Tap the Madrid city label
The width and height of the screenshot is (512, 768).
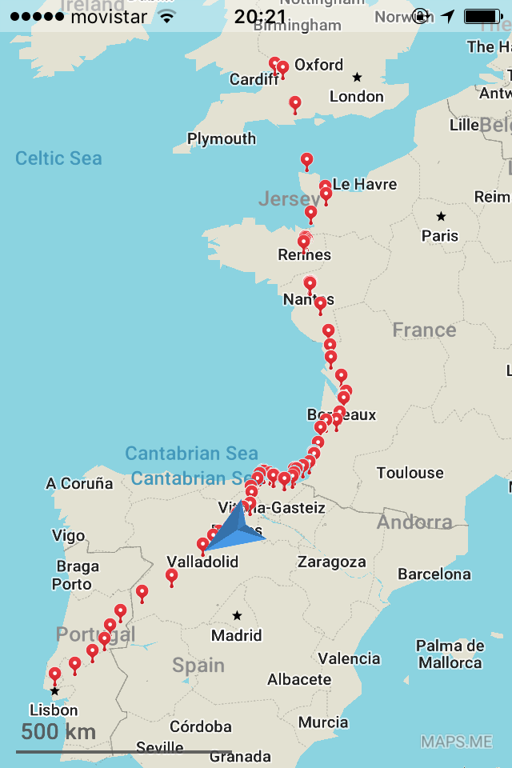point(237,635)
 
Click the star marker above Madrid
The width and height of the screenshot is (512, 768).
point(237,616)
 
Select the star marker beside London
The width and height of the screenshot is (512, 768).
point(357,78)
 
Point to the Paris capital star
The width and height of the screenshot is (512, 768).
point(441,217)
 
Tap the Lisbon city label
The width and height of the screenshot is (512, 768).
point(54,710)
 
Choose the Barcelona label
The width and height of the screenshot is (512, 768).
point(434,574)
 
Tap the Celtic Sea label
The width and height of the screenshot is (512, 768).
point(58,158)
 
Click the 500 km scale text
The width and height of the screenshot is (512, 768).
point(58,731)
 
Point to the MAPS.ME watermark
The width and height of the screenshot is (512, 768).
point(457,742)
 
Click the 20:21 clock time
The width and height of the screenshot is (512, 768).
point(260,17)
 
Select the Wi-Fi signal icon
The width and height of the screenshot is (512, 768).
point(166,17)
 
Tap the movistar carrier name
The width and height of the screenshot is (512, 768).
point(110,17)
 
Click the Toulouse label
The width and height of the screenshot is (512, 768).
point(410,473)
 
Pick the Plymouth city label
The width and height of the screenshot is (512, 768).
point(222,138)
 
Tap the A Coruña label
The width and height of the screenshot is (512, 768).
point(79,483)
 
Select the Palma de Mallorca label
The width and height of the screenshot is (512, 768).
point(450,654)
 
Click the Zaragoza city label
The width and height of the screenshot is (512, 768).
point(331,562)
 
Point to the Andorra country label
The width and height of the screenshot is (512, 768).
point(414,522)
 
